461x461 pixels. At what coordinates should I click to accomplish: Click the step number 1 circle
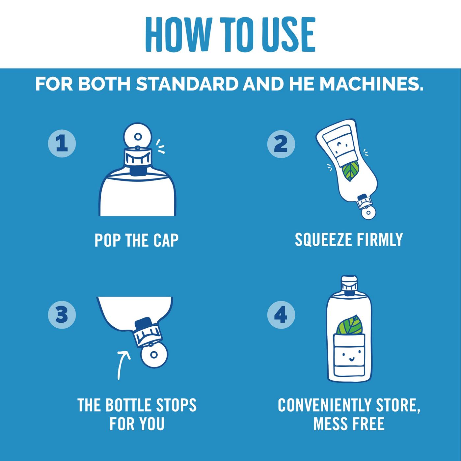tap(62, 144)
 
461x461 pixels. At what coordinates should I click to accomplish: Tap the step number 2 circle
tap(281, 144)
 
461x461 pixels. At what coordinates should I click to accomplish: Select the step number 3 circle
tap(62, 314)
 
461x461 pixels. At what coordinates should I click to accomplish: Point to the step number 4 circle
tap(281, 315)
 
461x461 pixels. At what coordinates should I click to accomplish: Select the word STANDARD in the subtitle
tap(187, 84)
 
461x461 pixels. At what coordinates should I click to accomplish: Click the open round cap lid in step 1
tap(138, 136)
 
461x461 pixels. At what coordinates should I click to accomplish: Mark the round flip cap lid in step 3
tap(154, 355)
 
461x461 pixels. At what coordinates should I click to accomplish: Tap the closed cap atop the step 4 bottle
tap(349, 285)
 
